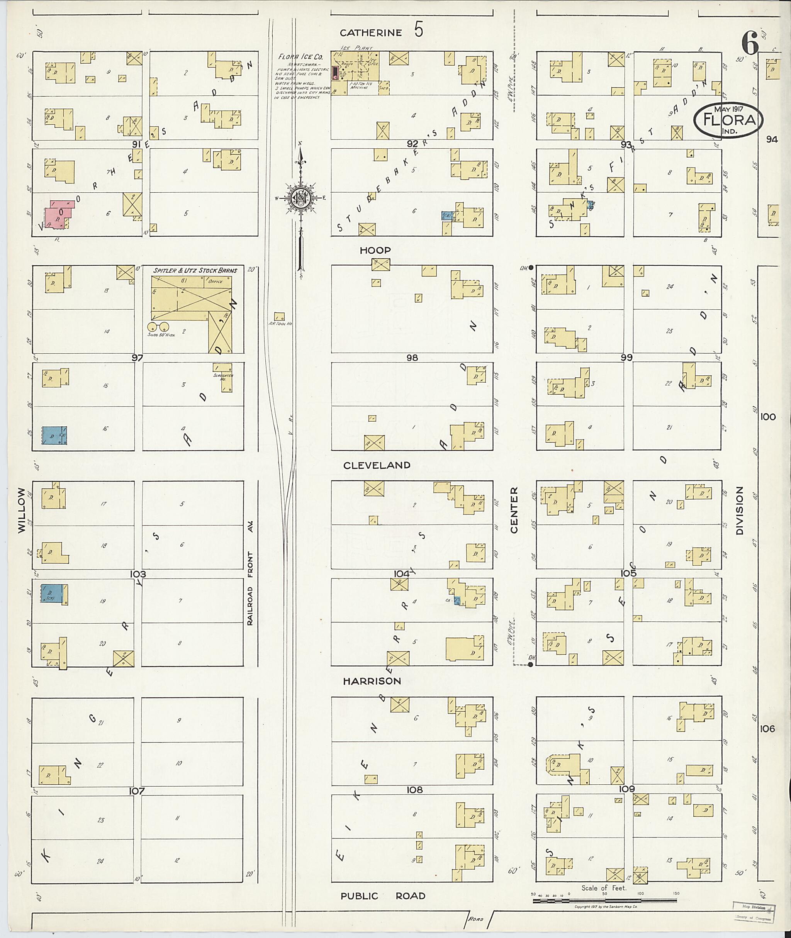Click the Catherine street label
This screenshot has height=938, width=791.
370,33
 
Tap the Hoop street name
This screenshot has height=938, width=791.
375,250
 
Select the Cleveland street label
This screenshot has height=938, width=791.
377,465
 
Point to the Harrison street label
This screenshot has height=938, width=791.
372,681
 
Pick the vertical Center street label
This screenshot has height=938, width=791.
514,510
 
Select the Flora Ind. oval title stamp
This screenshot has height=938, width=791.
728,120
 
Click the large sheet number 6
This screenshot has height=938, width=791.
749,44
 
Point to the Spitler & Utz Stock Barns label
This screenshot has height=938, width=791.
195,270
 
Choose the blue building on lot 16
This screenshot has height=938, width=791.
54,435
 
